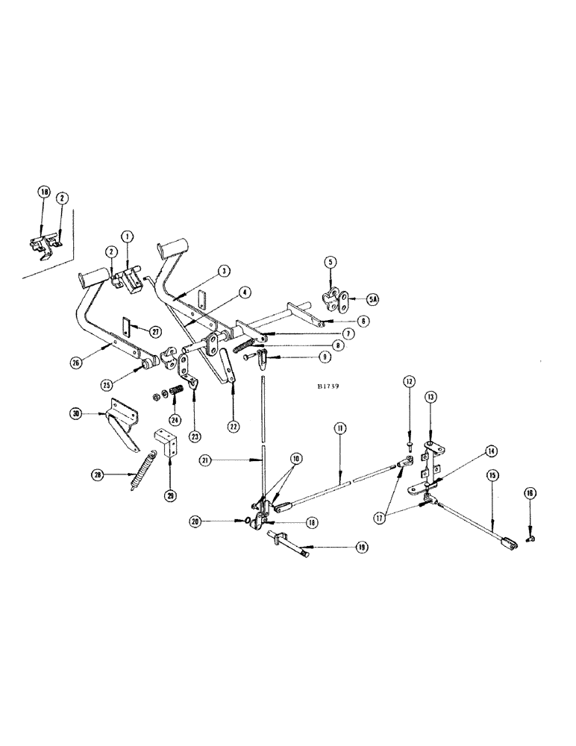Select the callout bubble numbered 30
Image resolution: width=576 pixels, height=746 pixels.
pyautogui.click(x=78, y=413)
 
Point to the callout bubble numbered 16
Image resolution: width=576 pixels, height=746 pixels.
pyautogui.click(x=530, y=492)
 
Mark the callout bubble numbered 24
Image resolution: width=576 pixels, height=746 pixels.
pyautogui.click(x=175, y=419)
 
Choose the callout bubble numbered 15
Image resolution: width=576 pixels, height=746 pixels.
pyautogui.click(x=492, y=473)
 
